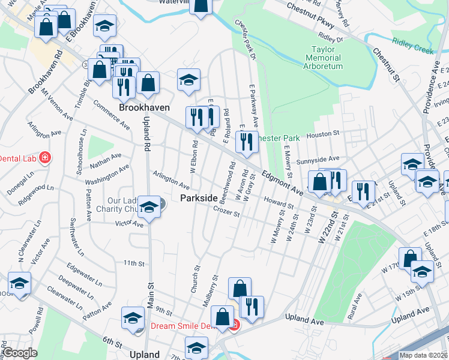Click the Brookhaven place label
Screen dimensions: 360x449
144,107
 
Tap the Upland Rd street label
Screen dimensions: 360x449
145,131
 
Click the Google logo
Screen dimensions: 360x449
19,352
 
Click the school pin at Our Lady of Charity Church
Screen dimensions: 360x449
149,208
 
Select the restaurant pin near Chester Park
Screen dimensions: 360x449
247,142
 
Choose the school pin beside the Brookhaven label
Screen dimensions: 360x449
188,80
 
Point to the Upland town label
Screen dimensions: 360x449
145,355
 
